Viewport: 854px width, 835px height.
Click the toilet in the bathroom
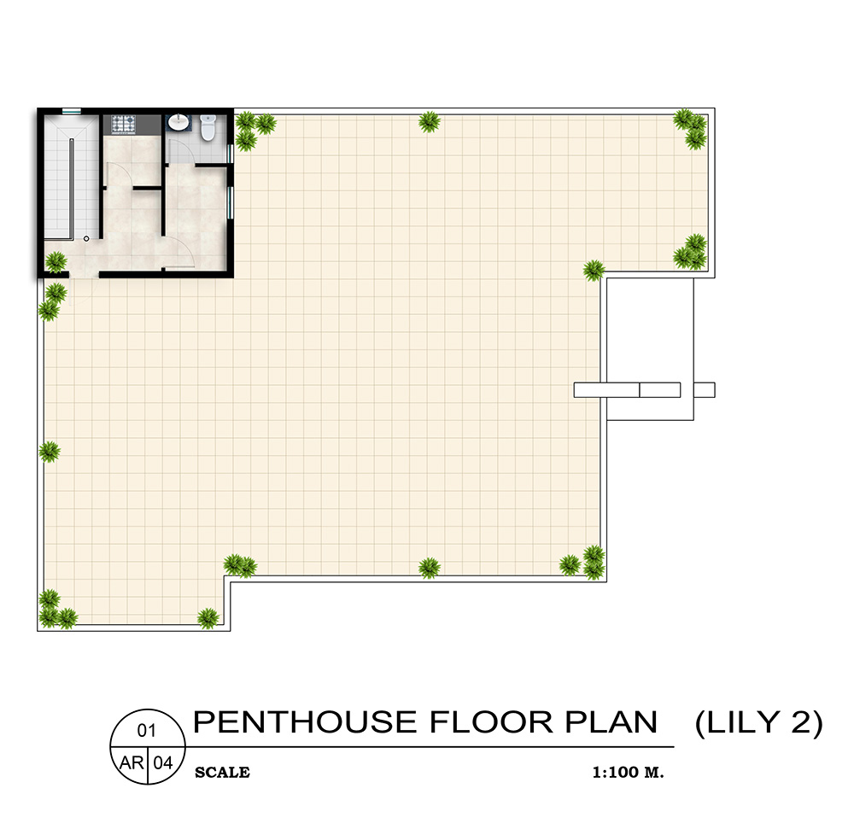pyautogui.click(x=208, y=127)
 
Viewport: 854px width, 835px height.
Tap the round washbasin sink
pyautogui.click(x=178, y=122)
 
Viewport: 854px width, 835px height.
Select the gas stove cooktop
pyautogui.click(x=123, y=125)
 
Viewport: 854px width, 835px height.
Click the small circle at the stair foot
pyautogui.click(x=86, y=238)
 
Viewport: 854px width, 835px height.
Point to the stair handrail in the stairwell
pyautogui.click(x=72, y=189)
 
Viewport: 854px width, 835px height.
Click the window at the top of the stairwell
pyautogui.click(x=72, y=111)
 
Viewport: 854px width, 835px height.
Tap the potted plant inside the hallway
pyautogui.click(x=56, y=262)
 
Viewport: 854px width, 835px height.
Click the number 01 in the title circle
pyautogui.click(x=147, y=731)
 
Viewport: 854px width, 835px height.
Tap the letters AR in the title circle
pyautogui.click(x=132, y=763)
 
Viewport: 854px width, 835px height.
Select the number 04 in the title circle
pyautogui.click(x=163, y=763)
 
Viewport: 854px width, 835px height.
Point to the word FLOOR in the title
pyautogui.click(x=491, y=722)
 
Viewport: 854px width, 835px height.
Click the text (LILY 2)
pyautogui.click(x=758, y=723)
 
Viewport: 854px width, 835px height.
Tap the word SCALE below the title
pyautogui.click(x=222, y=773)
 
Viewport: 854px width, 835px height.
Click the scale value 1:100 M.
pyautogui.click(x=628, y=773)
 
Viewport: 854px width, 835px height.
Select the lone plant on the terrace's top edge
pyautogui.click(x=430, y=122)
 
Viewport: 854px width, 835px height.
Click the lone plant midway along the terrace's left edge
pyautogui.click(x=49, y=452)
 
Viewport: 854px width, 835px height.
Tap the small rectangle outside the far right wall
pyautogui.click(x=705, y=389)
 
